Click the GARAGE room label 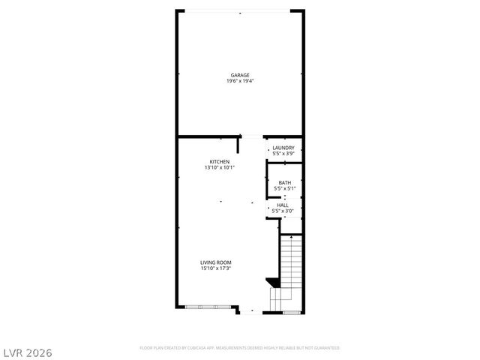240,75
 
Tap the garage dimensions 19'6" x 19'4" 240,81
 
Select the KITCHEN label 219,162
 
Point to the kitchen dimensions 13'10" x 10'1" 219,168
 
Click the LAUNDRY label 283,148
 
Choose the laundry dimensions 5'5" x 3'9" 283,154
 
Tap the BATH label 285,182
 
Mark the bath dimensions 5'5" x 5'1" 285,188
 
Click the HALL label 283,205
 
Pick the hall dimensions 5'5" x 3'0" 283,211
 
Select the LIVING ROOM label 215,262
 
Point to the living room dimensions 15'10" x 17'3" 215,268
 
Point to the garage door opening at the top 240,10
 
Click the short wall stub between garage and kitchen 238,144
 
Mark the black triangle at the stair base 274,283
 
